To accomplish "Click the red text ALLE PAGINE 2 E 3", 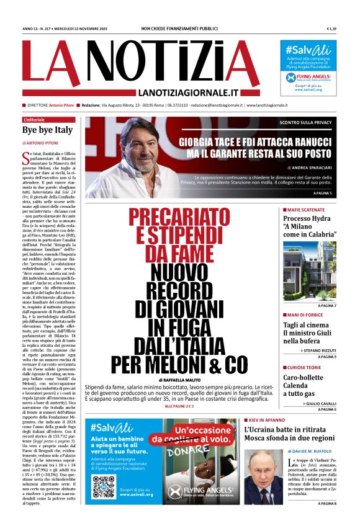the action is (x=187, y=406).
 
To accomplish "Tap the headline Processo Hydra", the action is (x=306, y=218).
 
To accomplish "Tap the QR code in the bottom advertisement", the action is (x=104, y=488).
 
